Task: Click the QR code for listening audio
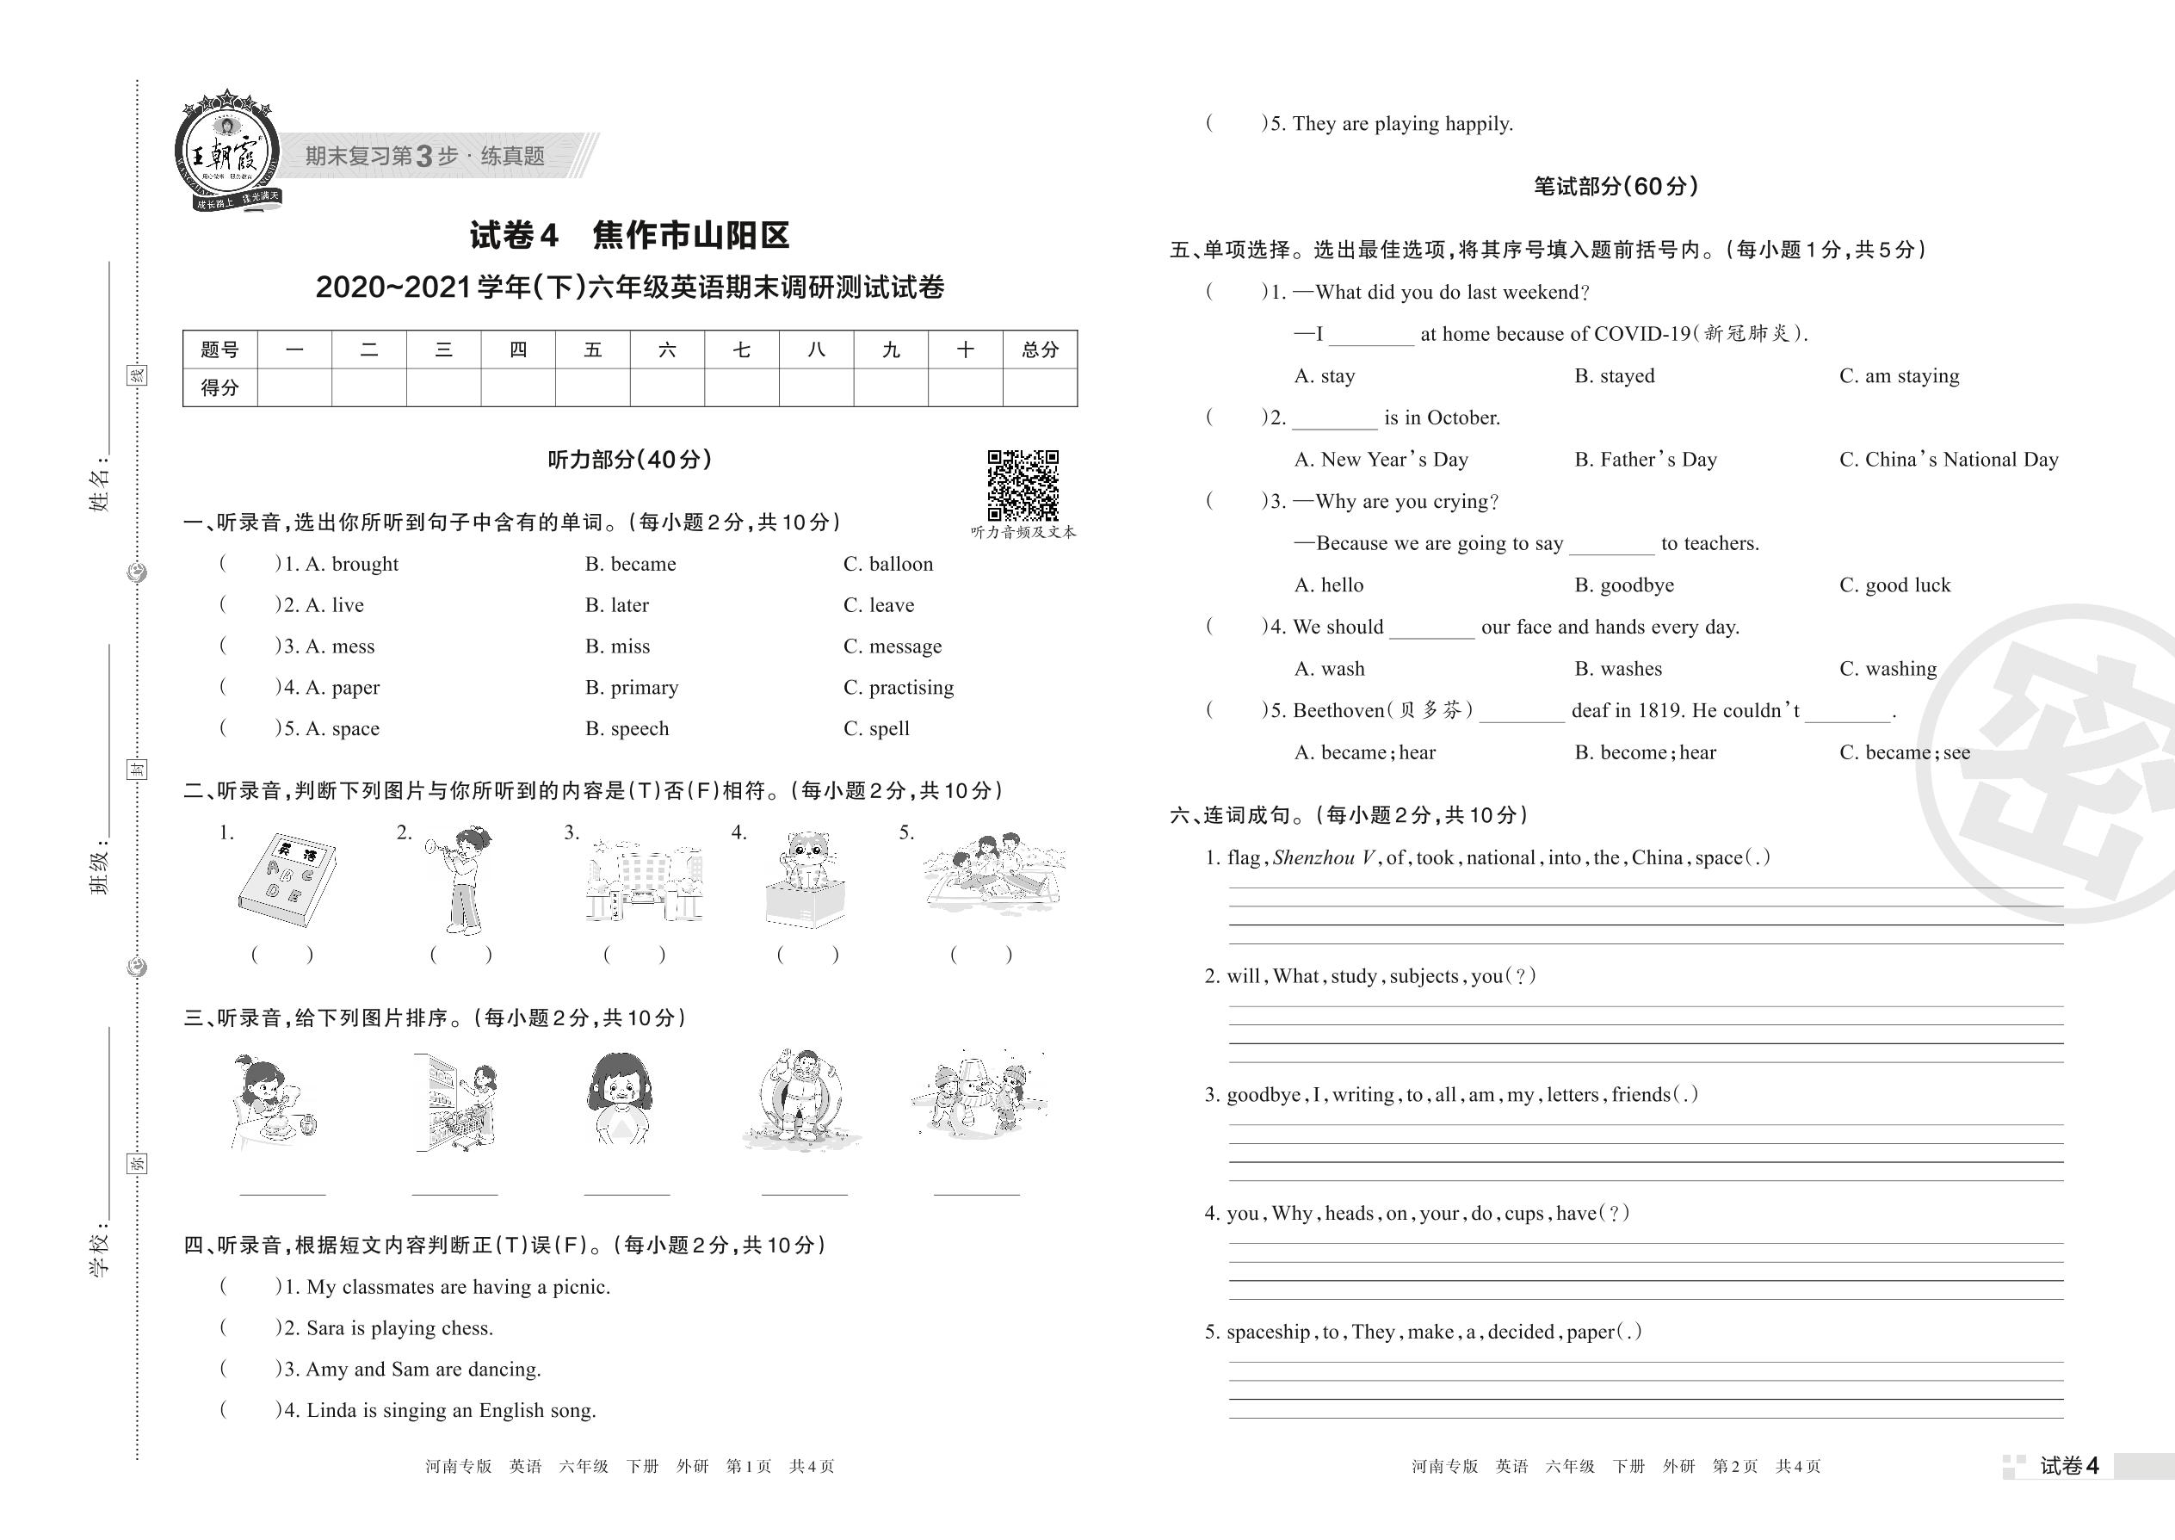(1023, 485)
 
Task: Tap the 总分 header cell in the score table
(1040, 349)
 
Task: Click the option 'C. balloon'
(887, 564)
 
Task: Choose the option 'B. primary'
(632, 688)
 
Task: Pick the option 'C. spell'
(876, 728)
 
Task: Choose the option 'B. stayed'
(1614, 375)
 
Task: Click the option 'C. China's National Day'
(1949, 460)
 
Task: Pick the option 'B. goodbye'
(1623, 585)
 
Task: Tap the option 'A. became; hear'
(1364, 753)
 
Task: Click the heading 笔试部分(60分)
(1616, 186)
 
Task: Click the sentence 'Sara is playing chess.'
(399, 1327)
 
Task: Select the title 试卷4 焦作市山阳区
(629, 235)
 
